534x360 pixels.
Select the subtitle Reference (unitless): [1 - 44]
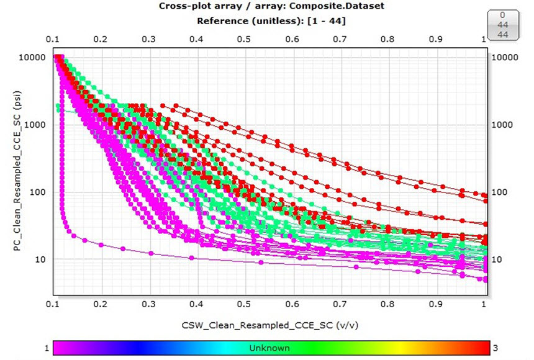coord(271,20)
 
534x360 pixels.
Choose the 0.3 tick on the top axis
coord(148,38)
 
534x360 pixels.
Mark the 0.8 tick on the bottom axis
coord(389,305)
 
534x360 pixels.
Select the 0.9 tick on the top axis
coord(437,38)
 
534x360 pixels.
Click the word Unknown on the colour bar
coord(268,348)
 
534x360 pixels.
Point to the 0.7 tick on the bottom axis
coord(341,305)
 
